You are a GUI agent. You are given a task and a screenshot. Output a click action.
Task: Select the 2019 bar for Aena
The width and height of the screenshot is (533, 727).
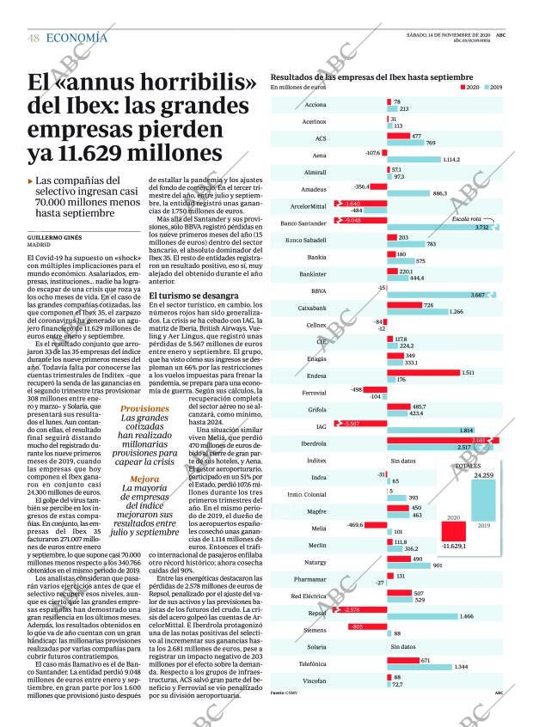point(413,159)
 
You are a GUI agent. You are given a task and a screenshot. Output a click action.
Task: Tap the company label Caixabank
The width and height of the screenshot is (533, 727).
point(311,307)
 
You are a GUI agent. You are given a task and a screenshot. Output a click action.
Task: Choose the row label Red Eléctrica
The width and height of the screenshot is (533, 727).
point(309,595)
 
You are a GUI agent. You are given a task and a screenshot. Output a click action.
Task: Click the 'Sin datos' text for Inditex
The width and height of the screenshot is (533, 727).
point(403,461)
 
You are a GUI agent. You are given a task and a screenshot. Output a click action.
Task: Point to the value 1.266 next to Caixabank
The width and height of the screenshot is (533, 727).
point(456,311)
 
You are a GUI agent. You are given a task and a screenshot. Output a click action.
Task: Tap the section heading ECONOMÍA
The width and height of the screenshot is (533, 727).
point(77,37)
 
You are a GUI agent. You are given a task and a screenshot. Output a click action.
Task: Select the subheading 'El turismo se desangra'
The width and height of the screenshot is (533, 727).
point(193,295)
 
